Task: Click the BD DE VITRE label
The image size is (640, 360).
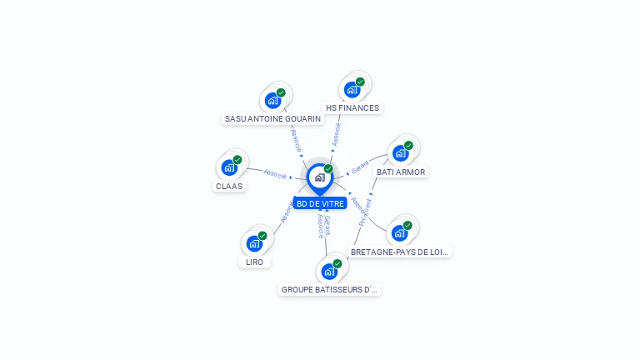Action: (320, 203)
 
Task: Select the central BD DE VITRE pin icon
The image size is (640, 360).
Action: (319, 177)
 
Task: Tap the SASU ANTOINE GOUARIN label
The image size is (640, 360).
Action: (272, 118)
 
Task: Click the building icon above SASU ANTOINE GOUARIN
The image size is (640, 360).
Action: (272, 100)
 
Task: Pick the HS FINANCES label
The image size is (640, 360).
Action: (352, 107)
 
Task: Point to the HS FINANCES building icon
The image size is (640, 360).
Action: (352, 89)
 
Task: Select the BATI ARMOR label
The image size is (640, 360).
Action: (401, 172)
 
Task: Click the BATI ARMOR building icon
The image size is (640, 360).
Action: (401, 153)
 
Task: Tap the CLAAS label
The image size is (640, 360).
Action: (229, 186)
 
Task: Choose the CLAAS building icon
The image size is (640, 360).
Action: (229, 167)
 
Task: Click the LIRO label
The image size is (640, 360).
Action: (255, 262)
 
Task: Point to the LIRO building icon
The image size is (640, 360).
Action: (254, 243)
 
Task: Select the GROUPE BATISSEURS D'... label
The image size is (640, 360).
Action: (330, 290)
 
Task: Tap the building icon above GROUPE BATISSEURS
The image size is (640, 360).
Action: (330, 271)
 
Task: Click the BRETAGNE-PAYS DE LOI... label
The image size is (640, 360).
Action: (400, 252)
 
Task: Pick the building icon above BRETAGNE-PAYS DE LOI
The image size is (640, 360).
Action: (400, 233)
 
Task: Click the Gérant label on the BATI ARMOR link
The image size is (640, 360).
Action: (360, 167)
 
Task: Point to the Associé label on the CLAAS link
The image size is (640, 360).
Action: (275, 174)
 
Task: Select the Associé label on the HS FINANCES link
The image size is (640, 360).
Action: (337, 134)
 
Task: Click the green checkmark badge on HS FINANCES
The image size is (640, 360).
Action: (360, 82)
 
